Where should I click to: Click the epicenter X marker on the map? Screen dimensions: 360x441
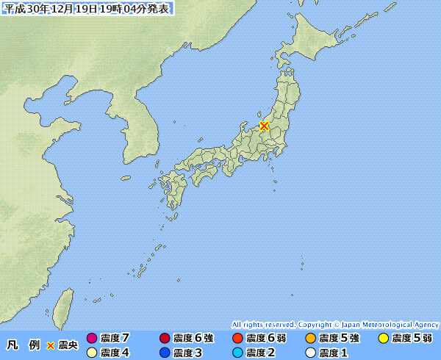coord(265,126)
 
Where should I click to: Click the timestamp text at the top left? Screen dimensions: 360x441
coord(88,9)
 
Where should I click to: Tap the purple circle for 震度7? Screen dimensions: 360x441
coord(92,339)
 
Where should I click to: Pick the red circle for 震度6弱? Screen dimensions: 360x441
coord(237,339)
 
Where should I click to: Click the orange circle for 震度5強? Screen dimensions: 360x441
coord(309,339)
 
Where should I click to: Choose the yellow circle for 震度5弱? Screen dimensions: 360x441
coord(383,339)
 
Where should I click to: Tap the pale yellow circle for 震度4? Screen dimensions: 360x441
coord(92,353)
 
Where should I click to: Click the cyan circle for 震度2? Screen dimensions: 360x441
coord(237,353)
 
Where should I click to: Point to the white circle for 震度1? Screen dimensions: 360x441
coord(309,353)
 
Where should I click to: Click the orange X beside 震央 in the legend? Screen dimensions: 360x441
coord(51,345)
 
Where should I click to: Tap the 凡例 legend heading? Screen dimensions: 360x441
coord(23,345)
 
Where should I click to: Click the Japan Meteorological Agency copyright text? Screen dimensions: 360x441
coord(335,324)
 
